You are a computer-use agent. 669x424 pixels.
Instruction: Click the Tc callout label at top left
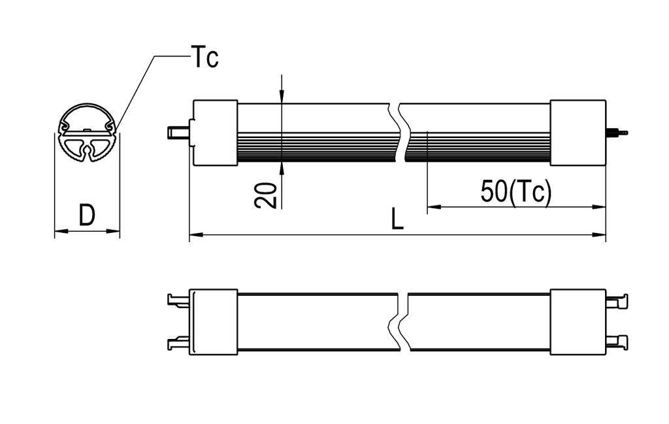[204, 58]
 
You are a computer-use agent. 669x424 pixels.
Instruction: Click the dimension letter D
[86, 215]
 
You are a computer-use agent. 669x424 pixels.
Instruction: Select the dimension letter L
[397, 220]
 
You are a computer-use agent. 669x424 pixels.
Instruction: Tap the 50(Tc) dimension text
[516, 192]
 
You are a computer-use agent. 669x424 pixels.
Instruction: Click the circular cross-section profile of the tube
[86, 135]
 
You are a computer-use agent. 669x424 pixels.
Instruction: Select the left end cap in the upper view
[215, 133]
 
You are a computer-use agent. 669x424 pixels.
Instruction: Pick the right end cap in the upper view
[578, 133]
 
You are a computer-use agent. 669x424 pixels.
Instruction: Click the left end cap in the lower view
[213, 322]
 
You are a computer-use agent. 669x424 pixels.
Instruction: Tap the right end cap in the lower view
[578, 322]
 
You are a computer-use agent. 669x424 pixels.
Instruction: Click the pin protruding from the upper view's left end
[178, 133]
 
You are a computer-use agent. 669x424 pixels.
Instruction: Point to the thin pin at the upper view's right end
[617, 133]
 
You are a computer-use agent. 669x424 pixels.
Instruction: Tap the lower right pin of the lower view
[617, 342]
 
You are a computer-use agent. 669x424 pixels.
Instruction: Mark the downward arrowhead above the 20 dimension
[281, 97]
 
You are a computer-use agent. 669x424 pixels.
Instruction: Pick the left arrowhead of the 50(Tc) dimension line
[432, 207]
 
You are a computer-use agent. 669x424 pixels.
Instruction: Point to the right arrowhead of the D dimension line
[115, 230]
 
